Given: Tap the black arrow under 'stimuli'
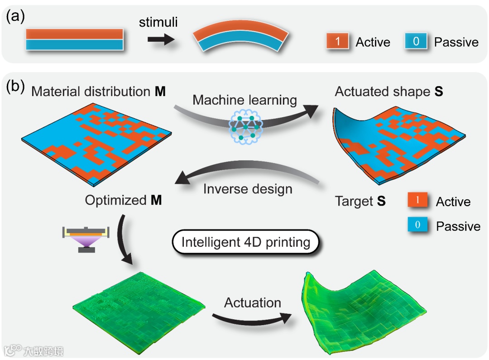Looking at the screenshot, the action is coord(161,40).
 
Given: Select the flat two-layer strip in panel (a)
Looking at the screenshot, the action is coord(74,39).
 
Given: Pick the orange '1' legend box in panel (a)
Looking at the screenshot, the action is coord(337,41).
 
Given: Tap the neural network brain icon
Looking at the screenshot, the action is coord(245,127).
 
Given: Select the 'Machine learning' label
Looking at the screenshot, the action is coord(244,100).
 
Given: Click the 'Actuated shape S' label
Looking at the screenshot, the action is coord(388,91).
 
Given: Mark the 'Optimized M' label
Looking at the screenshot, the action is coord(123,200).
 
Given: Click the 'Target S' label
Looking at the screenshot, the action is coord(360,201).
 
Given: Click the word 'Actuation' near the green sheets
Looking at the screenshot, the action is coord(253,302).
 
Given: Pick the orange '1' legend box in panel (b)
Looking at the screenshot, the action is coord(417,200).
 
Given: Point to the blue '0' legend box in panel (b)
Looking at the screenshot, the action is coord(417,224).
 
